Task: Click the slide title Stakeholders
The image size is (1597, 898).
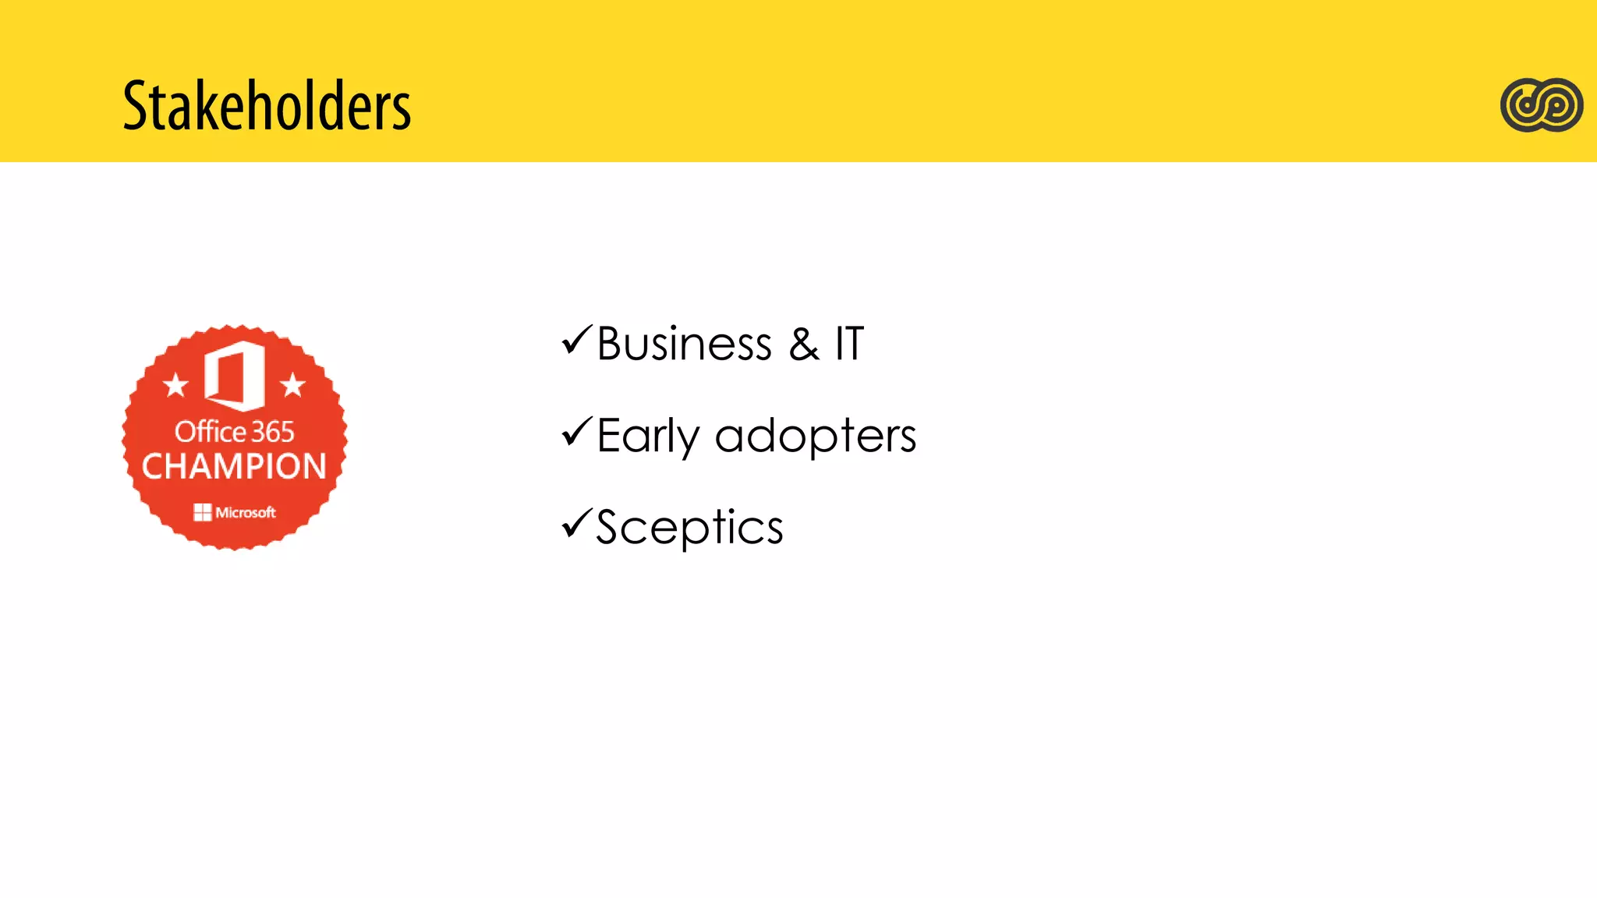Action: point(267,106)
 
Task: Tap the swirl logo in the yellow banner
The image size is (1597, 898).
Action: point(1541,104)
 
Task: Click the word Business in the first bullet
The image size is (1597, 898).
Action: point(684,344)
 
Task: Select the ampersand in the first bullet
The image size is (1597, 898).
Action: point(804,345)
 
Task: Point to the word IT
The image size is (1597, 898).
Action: point(849,344)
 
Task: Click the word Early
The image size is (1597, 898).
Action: point(647,436)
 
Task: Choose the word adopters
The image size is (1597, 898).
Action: point(815,437)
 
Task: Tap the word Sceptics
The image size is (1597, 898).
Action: point(689,528)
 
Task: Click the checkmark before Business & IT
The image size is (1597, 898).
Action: point(577,341)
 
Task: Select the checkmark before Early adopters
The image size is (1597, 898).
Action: point(577,433)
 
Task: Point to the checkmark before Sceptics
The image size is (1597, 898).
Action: point(577,524)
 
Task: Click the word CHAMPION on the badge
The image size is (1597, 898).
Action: point(234,466)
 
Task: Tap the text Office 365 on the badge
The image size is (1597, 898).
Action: point(234,431)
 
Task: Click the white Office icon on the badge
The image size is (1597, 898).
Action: point(234,375)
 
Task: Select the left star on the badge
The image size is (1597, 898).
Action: point(175,384)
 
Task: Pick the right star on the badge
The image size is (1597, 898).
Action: point(292,384)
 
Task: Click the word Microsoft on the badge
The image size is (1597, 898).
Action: point(246,512)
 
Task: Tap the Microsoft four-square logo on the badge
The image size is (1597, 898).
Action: point(203,512)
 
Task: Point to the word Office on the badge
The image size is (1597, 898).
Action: point(211,431)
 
